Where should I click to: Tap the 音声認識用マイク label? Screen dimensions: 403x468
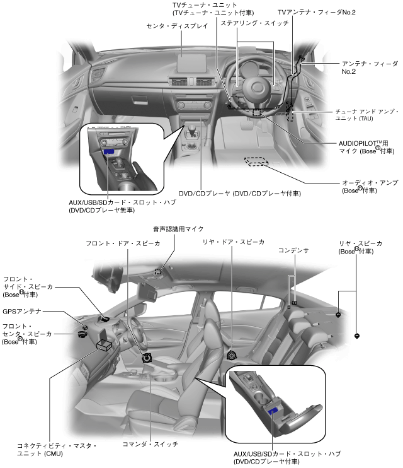[x=178, y=229]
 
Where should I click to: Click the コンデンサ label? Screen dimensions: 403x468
[x=293, y=250]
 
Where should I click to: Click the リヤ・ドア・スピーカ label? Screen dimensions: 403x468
[x=233, y=242]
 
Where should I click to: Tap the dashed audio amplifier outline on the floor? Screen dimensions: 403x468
[x=256, y=161]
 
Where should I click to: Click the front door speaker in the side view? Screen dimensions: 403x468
[x=147, y=358]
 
